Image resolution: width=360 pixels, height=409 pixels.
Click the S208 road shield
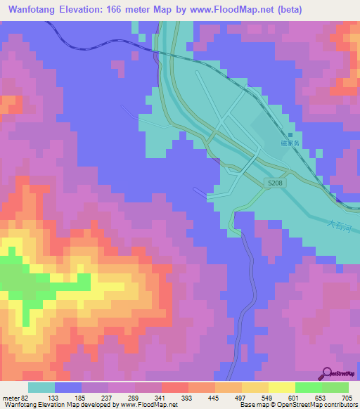(275, 183)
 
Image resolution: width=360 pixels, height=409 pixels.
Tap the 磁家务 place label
(290, 143)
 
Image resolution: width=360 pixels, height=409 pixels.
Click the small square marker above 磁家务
(290, 135)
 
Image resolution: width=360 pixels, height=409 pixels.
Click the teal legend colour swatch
(41, 387)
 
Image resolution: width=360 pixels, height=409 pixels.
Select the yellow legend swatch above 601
(281, 387)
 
